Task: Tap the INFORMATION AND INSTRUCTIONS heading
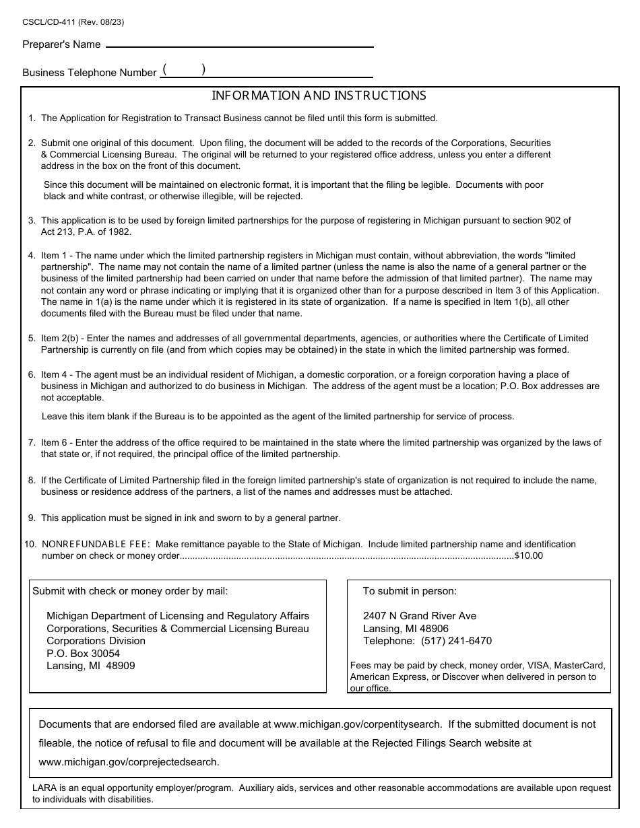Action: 319,96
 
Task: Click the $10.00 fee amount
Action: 528,555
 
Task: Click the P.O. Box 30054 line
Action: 83,654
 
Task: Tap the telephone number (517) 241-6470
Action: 456,641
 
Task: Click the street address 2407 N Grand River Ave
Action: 419,616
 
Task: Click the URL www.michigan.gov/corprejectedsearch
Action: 129,762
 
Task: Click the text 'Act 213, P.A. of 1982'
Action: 86,232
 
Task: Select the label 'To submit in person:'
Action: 410,591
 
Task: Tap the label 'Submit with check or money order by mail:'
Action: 130,591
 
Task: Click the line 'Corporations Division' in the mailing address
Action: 96,641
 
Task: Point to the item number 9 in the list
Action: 32,518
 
